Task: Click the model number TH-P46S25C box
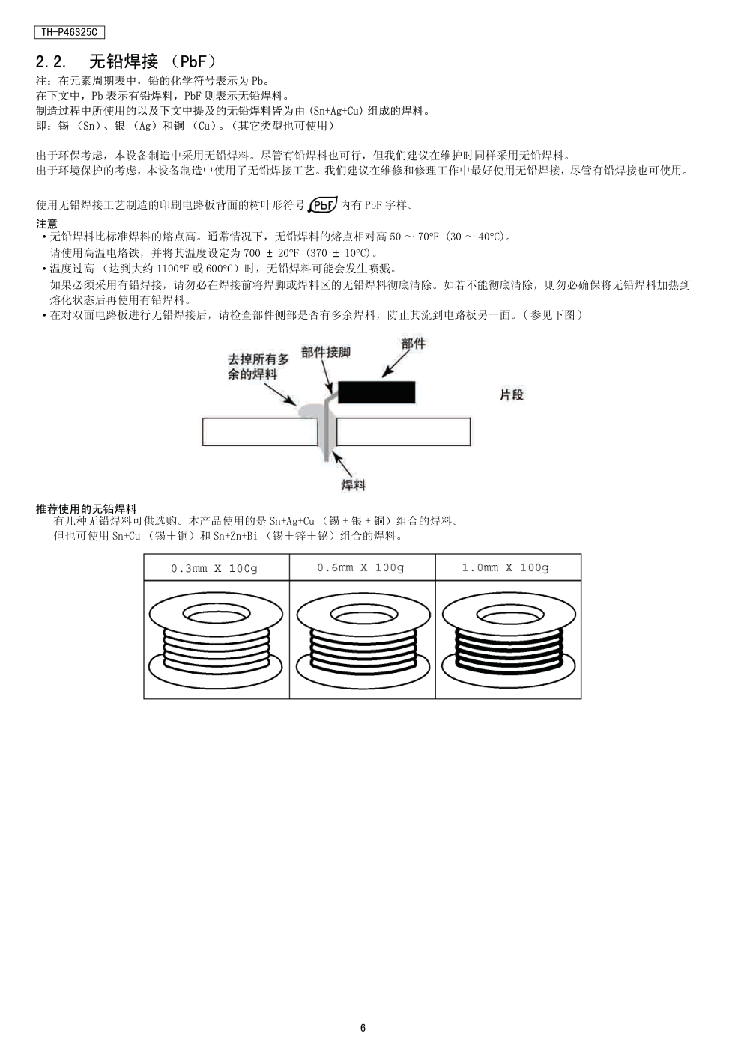70,32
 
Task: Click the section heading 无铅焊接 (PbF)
153,61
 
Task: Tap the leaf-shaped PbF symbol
323,205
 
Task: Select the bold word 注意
47,224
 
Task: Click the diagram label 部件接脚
325,353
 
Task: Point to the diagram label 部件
414,344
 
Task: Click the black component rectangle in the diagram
377,392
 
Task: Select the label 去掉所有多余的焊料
258,367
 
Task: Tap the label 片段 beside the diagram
512,395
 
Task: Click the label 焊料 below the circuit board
353,485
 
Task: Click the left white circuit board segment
260,432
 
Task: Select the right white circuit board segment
404,432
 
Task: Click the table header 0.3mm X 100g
214,569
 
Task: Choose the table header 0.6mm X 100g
360,567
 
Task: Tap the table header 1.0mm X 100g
506,567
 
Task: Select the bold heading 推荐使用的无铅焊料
86,509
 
